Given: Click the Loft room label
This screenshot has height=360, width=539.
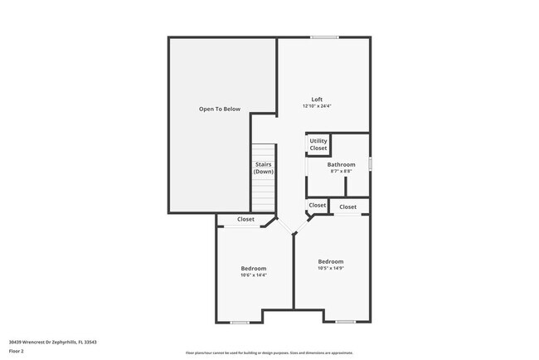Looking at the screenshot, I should coord(317,100).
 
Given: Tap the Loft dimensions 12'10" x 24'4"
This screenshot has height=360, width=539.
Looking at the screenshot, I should coord(317,106).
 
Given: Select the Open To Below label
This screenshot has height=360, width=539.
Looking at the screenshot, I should coord(219,109).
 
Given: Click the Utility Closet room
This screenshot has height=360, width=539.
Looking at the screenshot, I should coord(318,144).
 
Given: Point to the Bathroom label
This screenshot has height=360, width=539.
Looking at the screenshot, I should coord(342,164).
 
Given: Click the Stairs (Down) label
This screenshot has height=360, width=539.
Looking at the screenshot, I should coord(263,168).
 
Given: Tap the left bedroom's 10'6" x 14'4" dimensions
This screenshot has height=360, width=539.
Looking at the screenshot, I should coord(254,275).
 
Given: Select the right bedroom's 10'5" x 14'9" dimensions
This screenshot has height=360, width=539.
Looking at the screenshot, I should coord(330,268).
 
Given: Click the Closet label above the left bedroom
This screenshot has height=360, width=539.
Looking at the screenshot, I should coord(246,219).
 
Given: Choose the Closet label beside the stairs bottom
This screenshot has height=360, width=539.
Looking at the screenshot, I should coord(318,205).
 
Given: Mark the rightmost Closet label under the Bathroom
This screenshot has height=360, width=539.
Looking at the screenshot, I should coord(347,207).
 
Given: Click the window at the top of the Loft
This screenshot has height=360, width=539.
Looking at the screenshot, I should coord(324,37).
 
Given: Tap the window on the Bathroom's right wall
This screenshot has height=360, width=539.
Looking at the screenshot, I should coord(369,163).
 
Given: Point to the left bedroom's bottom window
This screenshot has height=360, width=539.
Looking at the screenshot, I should coord(240,322).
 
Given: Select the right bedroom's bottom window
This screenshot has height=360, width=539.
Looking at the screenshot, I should coord(346,322).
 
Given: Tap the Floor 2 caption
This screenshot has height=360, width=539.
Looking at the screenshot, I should coord(17,350).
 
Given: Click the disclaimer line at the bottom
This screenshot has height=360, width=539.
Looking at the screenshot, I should coord(269,353).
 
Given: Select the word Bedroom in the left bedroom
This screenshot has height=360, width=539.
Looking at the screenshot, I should coord(254,268).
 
